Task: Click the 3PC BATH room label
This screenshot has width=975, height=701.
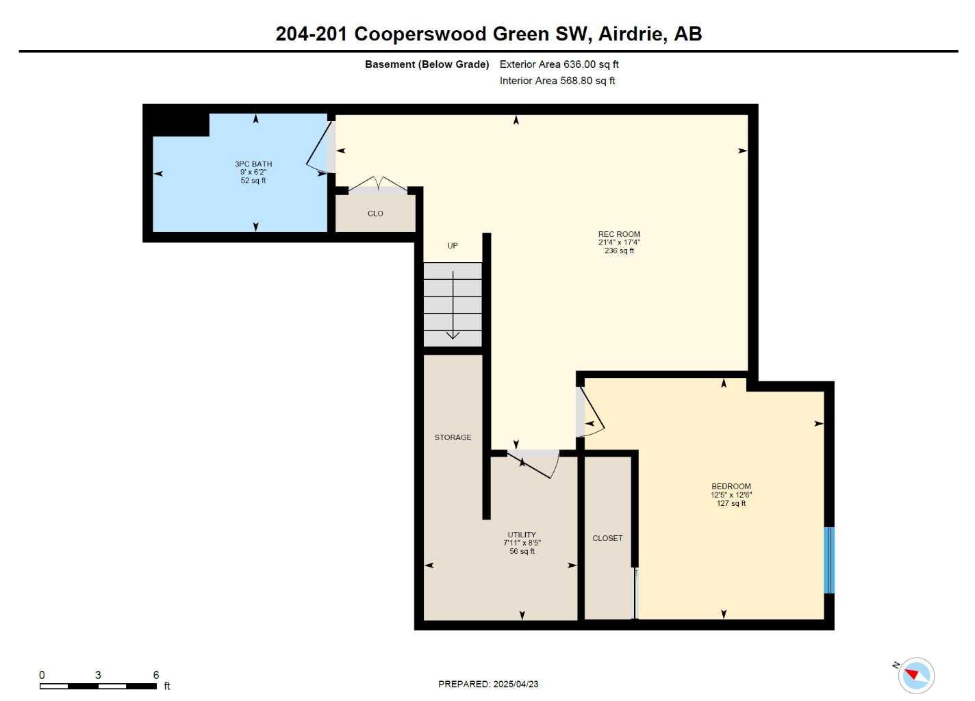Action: [253, 164]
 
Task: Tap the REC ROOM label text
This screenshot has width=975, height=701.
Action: [619, 234]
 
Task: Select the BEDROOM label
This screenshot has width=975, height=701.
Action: [731, 487]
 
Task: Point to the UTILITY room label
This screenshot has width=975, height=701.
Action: [522, 535]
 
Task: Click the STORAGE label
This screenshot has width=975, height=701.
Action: [453, 437]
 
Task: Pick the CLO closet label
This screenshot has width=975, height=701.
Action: [375, 214]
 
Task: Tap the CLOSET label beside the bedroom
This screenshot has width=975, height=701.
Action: [607, 538]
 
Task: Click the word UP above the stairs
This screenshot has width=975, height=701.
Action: [453, 246]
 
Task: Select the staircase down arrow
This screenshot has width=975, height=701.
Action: [453, 305]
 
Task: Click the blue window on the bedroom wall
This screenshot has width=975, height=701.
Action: [828, 559]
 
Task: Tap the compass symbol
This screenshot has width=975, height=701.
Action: [915, 676]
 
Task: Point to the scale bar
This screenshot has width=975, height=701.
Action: [98, 685]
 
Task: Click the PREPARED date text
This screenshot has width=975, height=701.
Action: [488, 684]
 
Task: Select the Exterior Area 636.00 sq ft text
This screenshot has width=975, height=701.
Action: [559, 64]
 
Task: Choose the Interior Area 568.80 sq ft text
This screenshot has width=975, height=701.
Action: [557, 81]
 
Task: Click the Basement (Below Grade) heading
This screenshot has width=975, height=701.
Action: [427, 64]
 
